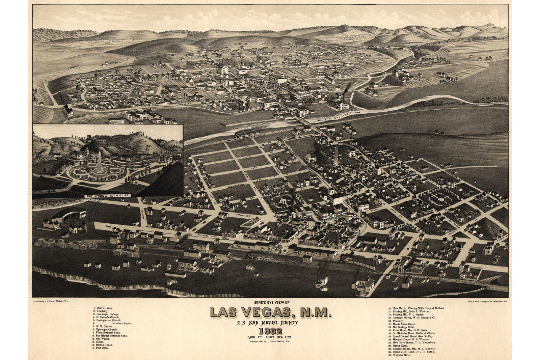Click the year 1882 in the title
pos(270,331)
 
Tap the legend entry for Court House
pos(103,308)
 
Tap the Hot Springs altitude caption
pos(107,196)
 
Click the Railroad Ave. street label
pos(207,236)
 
